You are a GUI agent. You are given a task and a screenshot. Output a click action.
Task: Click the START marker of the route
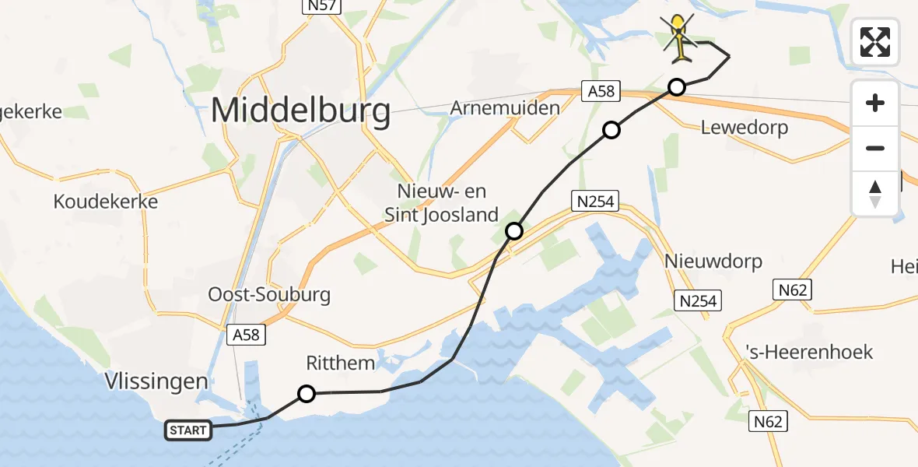[188, 430]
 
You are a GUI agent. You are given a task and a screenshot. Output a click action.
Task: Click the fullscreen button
[875, 42]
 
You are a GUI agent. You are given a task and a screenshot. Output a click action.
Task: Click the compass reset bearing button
[875, 194]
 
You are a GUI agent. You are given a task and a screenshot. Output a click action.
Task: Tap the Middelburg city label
[300, 111]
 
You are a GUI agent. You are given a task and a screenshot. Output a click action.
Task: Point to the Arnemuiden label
[505, 107]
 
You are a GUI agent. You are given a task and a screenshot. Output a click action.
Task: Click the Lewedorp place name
[745, 127]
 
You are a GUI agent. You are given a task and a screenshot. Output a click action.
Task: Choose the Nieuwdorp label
[713, 261]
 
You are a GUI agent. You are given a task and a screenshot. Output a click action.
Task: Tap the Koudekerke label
[106, 202]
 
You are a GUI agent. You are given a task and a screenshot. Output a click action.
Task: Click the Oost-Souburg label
[269, 295]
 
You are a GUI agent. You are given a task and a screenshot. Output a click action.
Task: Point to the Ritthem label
[341, 363]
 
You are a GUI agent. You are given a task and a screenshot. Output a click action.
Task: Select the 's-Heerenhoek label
[809, 352]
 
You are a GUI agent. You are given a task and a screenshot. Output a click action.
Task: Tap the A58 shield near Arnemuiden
[601, 91]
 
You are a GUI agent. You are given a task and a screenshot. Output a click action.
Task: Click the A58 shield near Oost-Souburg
[247, 335]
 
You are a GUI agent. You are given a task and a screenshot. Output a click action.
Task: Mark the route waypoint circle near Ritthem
[307, 394]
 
